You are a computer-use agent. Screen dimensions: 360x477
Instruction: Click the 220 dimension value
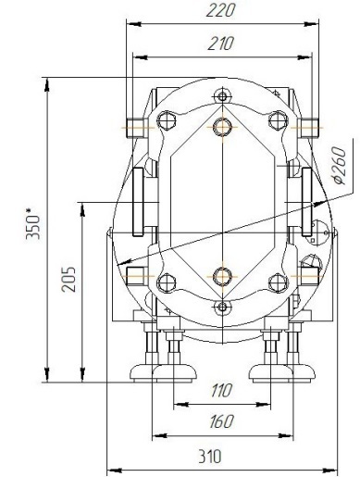220,11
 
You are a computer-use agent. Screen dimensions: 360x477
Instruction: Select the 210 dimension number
221,44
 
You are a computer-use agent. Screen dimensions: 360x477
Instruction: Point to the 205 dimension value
68,280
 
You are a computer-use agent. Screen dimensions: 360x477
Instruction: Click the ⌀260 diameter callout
340,166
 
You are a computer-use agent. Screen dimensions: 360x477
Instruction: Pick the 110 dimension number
221,390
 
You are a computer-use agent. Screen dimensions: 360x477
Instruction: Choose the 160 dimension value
221,421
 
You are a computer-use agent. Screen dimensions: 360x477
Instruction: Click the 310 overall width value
210,457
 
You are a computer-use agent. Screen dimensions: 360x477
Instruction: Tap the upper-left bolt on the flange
167,120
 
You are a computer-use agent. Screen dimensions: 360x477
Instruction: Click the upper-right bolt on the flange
278,120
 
